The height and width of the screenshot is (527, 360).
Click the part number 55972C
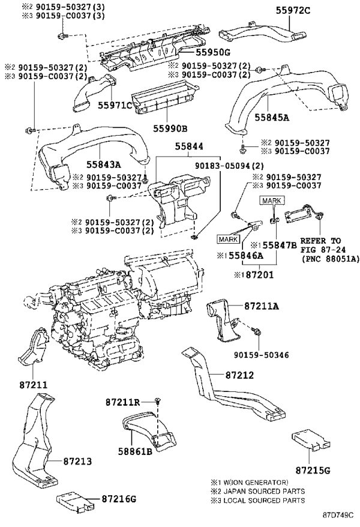tap(293, 11)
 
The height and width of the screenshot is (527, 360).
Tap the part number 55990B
tap(170, 128)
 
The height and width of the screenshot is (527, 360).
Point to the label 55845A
tap(272, 117)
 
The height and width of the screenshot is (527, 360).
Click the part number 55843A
tap(103, 164)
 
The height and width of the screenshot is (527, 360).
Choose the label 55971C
tap(115, 105)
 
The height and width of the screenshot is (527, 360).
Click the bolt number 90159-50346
tap(262, 355)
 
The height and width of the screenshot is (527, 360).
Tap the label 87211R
tap(122, 402)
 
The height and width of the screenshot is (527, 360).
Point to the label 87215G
tap(313, 470)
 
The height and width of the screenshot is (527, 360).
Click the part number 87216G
tap(119, 499)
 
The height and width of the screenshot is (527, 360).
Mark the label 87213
tap(77, 461)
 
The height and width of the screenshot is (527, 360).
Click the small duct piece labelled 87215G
tap(311, 441)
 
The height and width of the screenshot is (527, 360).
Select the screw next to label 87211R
tap(157, 400)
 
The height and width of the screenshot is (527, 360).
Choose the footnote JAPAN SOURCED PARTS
tap(264, 492)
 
